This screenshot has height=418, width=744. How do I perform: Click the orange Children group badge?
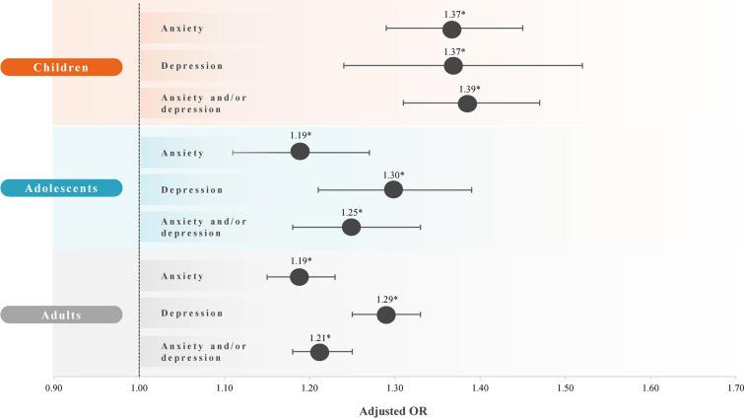point(61,67)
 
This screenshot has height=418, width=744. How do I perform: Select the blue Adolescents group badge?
point(61,189)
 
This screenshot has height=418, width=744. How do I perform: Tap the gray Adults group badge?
point(61,314)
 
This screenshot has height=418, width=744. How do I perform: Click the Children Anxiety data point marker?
point(452,29)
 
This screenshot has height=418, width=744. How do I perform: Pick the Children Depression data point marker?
point(453,66)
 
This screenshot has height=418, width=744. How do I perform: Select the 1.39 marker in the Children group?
point(467,104)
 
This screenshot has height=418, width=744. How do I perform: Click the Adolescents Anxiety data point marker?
point(301,152)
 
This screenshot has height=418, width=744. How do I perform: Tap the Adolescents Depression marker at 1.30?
point(393,189)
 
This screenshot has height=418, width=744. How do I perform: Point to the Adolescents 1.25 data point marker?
point(351,228)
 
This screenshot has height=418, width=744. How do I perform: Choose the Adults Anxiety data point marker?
point(300,277)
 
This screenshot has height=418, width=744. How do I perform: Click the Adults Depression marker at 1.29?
point(386,314)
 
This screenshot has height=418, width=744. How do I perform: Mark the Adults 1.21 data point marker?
point(319,352)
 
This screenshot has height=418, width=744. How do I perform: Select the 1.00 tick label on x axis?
point(139,389)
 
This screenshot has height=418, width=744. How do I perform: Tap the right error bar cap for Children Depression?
point(582,66)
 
